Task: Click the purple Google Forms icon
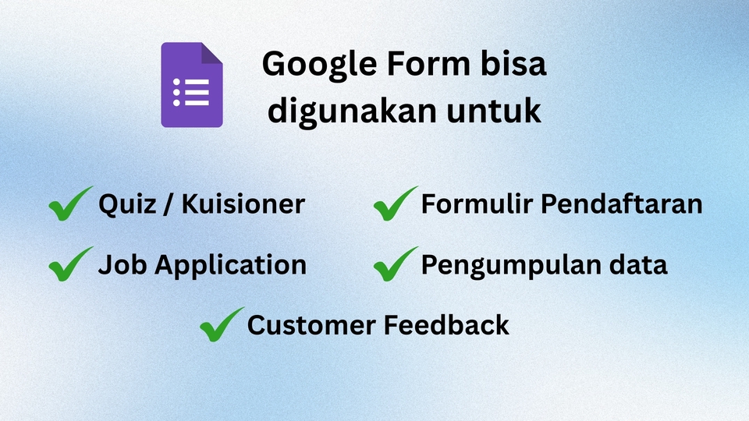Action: [192, 85]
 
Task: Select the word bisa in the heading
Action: [516, 65]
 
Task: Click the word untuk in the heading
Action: [495, 111]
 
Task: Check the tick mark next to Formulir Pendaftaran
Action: [396, 205]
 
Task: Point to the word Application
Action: [231, 266]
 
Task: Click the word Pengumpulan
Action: [511, 266]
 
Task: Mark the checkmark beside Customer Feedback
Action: [222, 324]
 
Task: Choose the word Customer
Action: [309, 324]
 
